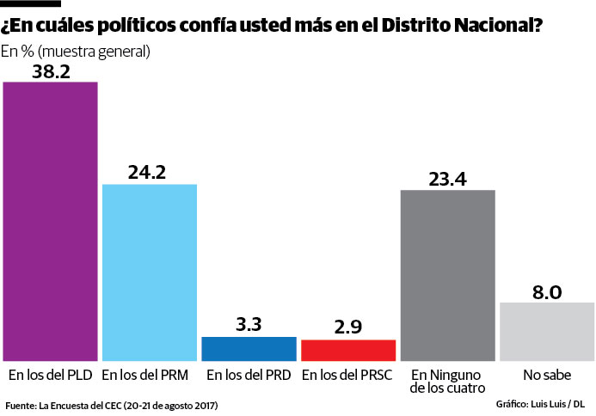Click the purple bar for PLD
(50, 221)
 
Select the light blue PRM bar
(150, 272)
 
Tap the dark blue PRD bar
(249, 348)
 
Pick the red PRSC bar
(348, 350)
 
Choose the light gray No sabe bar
(547, 331)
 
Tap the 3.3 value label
(249, 325)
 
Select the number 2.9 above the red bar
(348, 327)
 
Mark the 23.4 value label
(447, 178)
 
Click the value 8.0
(547, 291)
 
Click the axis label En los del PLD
(50, 376)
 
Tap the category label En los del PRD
(249, 376)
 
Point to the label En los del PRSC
(348, 376)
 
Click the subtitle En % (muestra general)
(76, 52)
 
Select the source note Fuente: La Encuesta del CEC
(112, 405)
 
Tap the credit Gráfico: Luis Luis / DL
(540, 404)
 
